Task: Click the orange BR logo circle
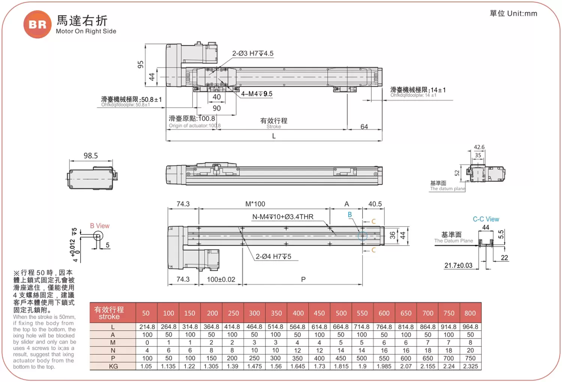click(37, 24)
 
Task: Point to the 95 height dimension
click(140, 64)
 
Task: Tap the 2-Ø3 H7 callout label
click(253, 54)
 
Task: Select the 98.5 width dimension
click(91, 156)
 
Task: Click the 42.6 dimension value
click(479, 147)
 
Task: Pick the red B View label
click(100, 226)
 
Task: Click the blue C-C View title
click(486, 219)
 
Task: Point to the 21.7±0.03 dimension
click(458, 265)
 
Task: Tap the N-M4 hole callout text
click(282, 217)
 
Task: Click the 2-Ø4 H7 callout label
click(273, 256)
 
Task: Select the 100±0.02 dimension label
click(221, 279)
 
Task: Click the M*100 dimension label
click(255, 204)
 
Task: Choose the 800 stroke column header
click(470, 313)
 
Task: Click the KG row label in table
click(113, 366)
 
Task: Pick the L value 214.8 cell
click(147, 327)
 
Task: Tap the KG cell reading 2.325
click(470, 366)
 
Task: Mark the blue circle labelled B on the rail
click(362, 236)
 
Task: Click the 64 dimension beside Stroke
click(364, 127)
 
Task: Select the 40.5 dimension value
click(375, 204)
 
